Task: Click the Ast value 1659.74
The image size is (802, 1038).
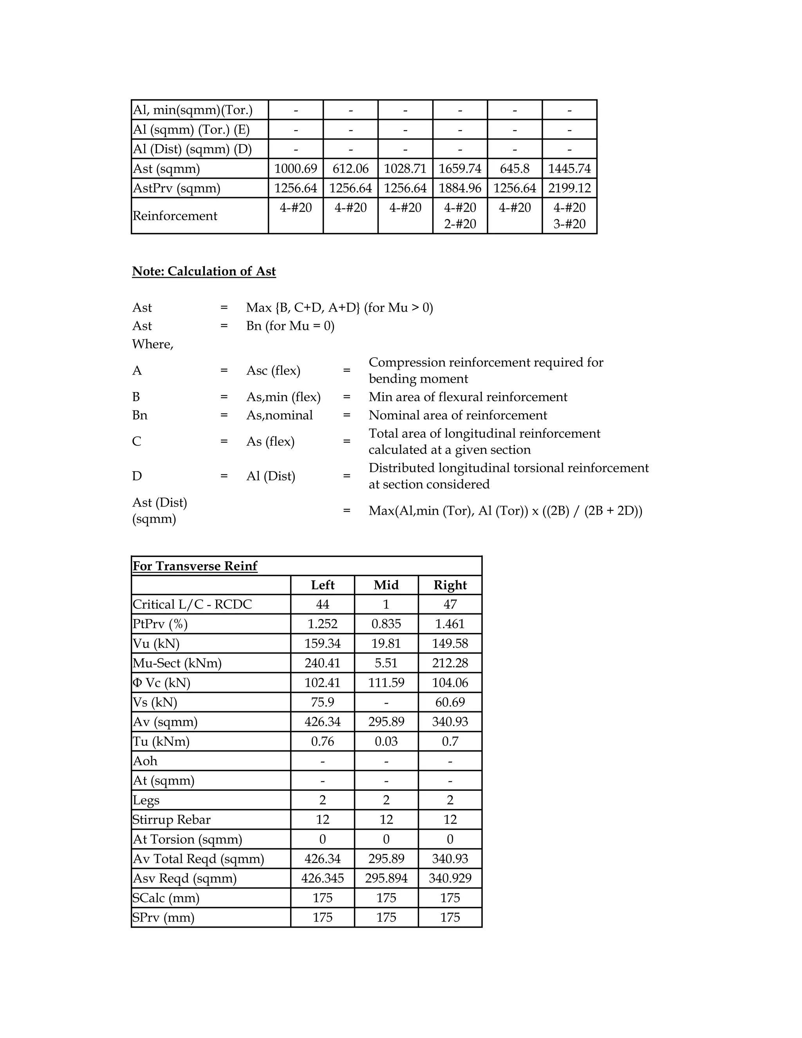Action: tap(459, 169)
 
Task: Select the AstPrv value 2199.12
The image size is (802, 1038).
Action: tap(569, 188)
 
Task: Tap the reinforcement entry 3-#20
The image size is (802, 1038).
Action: tap(569, 224)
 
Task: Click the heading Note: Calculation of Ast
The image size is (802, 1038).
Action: tap(204, 271)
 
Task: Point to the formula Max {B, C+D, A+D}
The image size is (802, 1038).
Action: tap(303, 308)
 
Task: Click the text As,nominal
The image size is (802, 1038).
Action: tap(279, 415)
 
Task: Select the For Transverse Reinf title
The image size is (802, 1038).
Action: tap(195, 566)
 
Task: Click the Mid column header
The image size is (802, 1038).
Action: tap(386, 585)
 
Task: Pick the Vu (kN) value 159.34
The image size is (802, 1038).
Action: tap(322, 644)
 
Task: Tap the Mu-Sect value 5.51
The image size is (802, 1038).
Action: tap(386, 663)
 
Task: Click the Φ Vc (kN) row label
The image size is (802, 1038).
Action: tap(162, 683)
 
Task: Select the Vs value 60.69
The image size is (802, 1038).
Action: tap(450, 702)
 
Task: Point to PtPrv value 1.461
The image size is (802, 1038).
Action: tap(450, 624)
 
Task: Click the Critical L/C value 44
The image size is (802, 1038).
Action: tap(322, 604)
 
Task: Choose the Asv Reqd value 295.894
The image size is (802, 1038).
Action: tap(386, 878)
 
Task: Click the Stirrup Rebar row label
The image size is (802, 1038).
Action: tap(172, 820)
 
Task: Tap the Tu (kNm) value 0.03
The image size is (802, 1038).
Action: tap(386, 741)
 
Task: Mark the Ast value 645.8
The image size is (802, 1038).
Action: tap(514, 169)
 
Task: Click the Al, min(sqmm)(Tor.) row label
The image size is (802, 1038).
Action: tap(192, 110)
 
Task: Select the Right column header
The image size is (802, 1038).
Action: tap(450, 585)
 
